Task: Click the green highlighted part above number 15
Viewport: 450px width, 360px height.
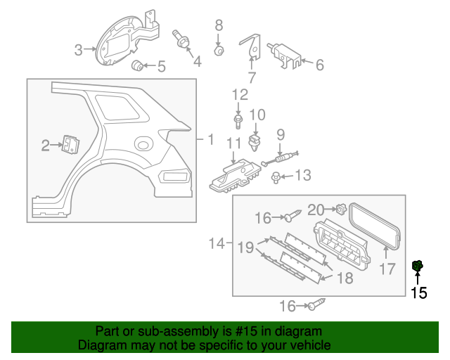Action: pyautogui.click(x=416, y=266)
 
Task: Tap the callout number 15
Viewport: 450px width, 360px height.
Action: pyautogui.click(x=418, y=293)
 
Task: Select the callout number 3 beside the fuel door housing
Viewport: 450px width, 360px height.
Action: pyautogui.click(x=79, y=49)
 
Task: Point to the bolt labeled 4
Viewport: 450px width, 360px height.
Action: pyautogui.click(x=182, y=41)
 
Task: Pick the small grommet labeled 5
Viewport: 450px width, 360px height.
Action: pyautogui.click(x=139, y=66)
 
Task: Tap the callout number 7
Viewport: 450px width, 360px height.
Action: pyautogui.click(x=252, y=78)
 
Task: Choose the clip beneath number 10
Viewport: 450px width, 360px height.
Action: pyautogui.click(x=255, y=145)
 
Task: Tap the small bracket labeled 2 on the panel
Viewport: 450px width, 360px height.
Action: pyautogui.click(x=70, y=144)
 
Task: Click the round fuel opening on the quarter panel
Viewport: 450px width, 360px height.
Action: pyautogui.click(x=143, y=144)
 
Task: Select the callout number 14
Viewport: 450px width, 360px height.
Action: pyautogui.click(x=216, y=244)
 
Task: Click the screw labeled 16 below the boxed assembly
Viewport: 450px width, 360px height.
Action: pyautogui.click(x=315, y=304)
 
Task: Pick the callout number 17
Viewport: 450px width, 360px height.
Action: pyautogui.click(x=388, y=269)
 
